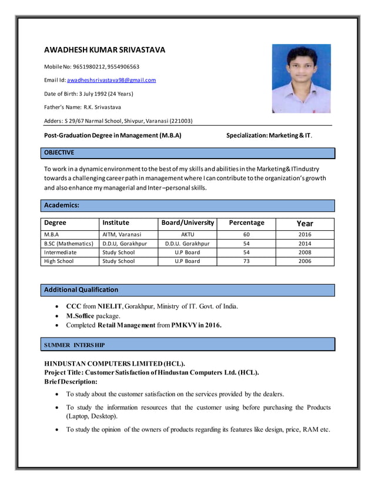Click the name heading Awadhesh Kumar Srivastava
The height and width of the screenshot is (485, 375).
(105, 50)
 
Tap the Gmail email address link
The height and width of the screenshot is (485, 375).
(111, 80)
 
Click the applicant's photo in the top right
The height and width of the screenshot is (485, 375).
(301, 79)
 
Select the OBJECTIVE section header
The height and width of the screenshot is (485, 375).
(59, 153)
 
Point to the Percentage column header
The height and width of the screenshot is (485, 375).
(246, 223)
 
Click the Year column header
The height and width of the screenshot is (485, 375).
(304, 224)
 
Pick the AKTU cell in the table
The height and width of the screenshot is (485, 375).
(187, 234)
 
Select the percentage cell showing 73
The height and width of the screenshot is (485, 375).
(246, 261)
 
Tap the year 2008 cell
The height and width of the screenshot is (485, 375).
(304, 252)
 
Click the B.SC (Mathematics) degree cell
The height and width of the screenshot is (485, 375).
(69, 243)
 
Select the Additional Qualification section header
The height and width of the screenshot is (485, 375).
(81, 289)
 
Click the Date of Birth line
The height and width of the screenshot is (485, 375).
(89, 93)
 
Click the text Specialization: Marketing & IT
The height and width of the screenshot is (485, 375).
(269, 136)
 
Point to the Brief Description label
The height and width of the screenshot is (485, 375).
(71, 381)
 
